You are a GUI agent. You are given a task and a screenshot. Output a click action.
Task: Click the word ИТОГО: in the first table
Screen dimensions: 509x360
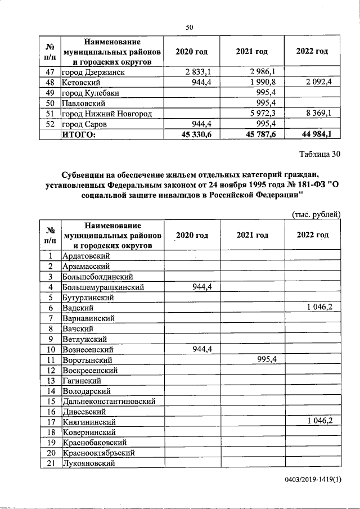(79, 135)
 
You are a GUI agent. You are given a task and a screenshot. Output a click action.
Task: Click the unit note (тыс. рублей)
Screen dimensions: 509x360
(316, 214)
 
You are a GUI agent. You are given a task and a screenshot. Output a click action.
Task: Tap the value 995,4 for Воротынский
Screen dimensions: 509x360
(267, 359)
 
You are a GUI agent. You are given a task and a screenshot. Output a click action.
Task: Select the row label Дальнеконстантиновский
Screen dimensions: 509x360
(109, 401)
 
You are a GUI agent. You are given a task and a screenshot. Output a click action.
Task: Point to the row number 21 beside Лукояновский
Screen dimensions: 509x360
(50, 463)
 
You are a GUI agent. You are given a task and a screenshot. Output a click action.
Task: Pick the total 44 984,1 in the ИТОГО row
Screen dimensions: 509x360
(315, 135)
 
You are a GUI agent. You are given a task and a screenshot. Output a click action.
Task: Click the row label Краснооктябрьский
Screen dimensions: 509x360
(98, 453)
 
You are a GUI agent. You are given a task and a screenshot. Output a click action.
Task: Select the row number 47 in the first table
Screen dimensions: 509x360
(50, 73)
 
